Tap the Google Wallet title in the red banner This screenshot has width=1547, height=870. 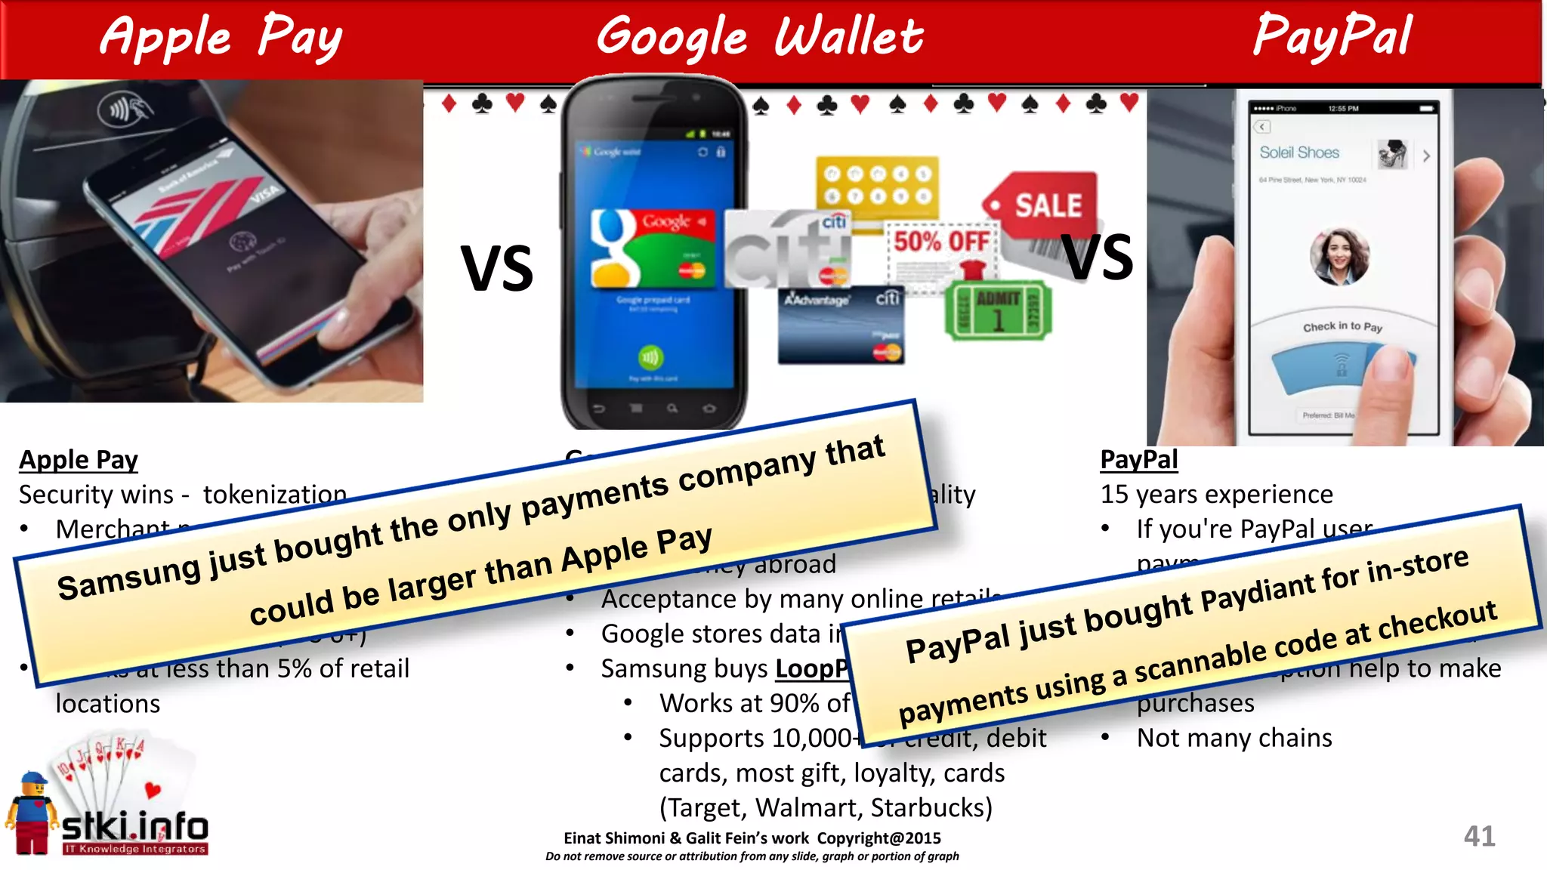[x=760, y=36]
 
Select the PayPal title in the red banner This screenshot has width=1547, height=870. [x=1332, y=35]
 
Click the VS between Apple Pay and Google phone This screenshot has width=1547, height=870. [x=497, y=269]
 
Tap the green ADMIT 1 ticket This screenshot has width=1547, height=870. [x=997, y=310]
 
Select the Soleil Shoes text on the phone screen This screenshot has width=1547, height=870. [x=1299, y=153]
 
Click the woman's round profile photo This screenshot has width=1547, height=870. [x=1340, y=257]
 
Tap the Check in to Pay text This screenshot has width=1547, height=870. [x=1342, y=326]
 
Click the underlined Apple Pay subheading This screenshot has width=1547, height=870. [x=79, y=460]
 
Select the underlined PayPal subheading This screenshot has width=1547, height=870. [x=1138, y=459]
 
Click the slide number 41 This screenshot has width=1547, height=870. [x=1479, y=836]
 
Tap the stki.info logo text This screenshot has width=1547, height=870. [x=134, y=828]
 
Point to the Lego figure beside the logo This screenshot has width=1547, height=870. [x=32, y=814]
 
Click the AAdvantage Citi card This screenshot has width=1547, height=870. [x=841, y=325]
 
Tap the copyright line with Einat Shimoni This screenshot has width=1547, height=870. [x=752, y=838]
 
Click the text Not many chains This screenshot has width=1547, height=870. [x=1234, y=738]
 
